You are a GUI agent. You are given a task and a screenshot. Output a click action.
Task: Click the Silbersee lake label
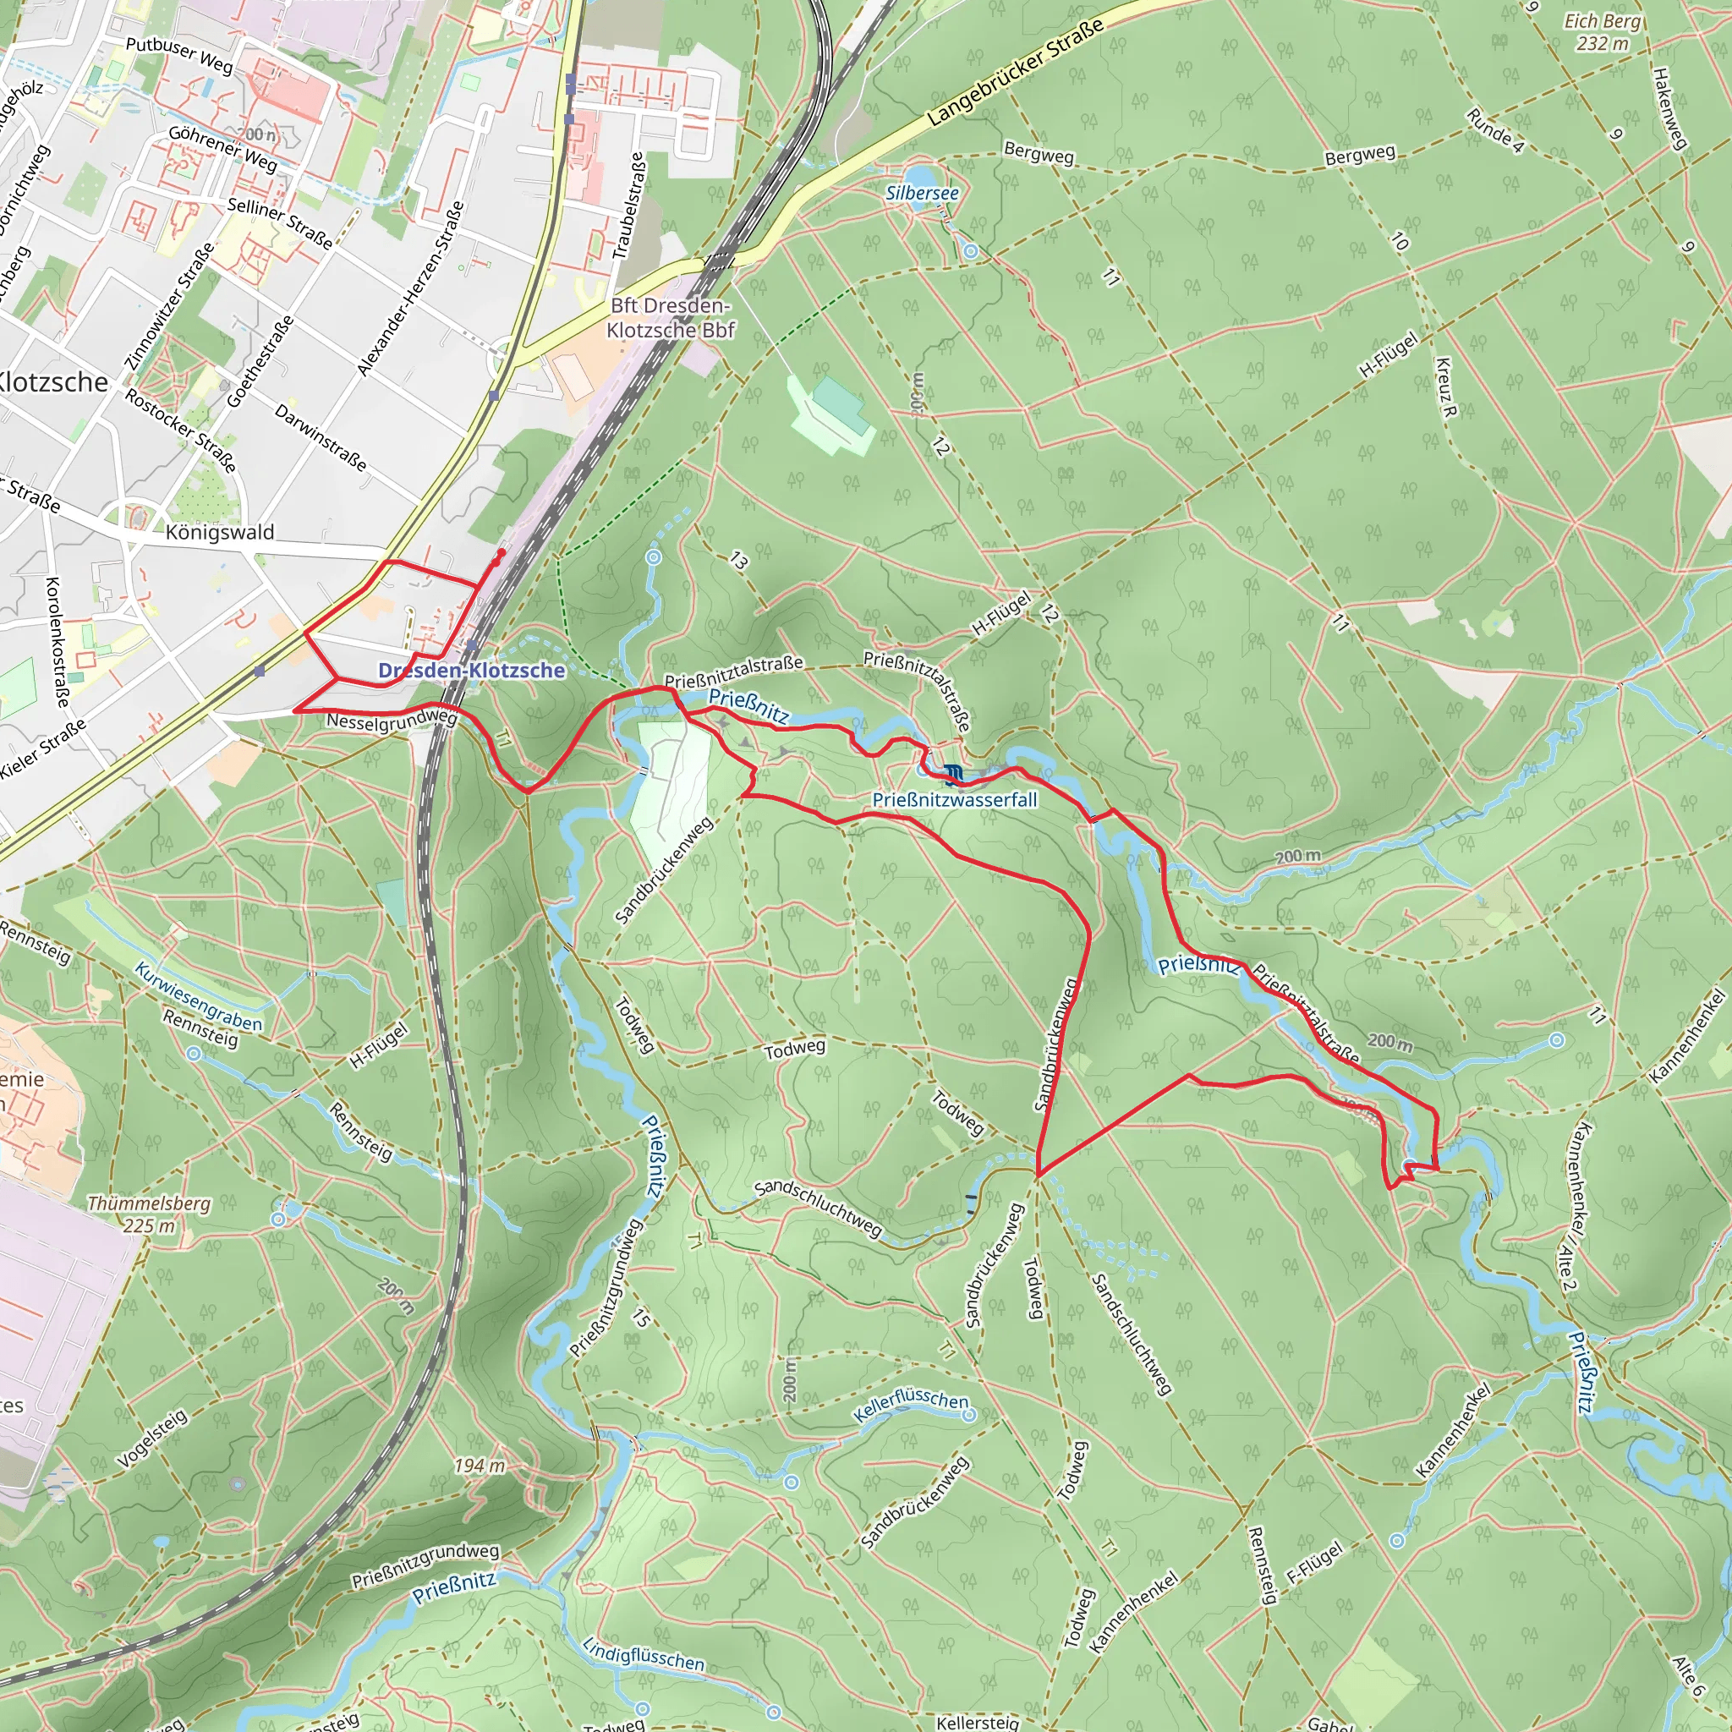tap(922, 193)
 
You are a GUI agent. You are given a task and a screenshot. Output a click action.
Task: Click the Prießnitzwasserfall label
tap(954, 800)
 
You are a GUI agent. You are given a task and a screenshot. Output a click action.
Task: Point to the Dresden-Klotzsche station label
tap(472, 670)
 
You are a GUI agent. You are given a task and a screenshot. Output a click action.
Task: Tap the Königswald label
tap(220, 533)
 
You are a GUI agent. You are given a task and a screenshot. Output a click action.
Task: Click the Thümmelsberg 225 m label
tap(148, 1214)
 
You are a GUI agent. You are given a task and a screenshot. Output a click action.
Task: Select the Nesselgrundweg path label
tap(392, 720)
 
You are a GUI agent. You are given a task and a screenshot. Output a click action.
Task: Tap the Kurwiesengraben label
tap(198, 996)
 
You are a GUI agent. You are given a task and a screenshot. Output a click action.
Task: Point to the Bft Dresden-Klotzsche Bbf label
tap(670, 318)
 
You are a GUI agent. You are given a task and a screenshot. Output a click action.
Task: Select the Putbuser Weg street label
tap(179, 55)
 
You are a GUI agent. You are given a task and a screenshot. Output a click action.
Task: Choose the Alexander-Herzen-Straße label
tap(410, 288)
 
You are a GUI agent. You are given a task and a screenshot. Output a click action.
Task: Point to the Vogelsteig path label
tap(152, 1437)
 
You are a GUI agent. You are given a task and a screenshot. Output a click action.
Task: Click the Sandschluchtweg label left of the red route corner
tap(818, 1208)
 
